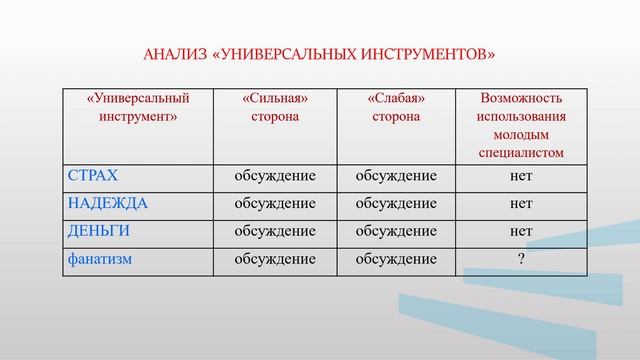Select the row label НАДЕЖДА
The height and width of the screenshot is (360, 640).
pyautogui.click(x=107, y=203)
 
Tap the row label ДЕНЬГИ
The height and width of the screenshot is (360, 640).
pyautogui.click(x=99, y=231)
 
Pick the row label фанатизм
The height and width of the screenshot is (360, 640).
pyautogui.click(x=101, y=259)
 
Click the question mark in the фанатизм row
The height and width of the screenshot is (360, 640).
pyautogui.click(x=520, y=259)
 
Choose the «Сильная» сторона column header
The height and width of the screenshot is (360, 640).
pyautogui.click(x=274, y=107)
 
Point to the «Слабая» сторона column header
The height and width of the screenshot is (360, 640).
pyautogui.click(x=395, y=107)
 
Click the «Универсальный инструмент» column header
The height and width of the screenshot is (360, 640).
pyautogui.click(x=138, y=107)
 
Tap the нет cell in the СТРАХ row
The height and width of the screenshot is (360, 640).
pyautogui.click(x=520, y=176)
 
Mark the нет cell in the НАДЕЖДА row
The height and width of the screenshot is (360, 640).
pyautogui.click(x=520, y=203)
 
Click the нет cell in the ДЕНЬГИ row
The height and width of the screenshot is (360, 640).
pyautogui.click(x=520, y=231)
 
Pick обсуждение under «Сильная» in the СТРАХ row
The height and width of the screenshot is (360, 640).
pyautogui.click(x=274, y=176)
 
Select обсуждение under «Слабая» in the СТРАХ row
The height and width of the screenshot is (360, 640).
pyautogui.click(x=395, y=176)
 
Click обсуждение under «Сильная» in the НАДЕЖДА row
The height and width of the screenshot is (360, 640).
pyautogui.click(x=274, y=203)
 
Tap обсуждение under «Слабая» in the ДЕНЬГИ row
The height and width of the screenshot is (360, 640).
pyautogui.click(x=395, y=231)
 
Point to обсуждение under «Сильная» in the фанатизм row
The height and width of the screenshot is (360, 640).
pyautogui.click(x=274, y=259)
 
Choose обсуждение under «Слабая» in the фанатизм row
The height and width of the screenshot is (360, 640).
pyautogui.click(x=395, y=259)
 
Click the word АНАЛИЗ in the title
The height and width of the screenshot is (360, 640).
pyautogui.click(x=175, y=53)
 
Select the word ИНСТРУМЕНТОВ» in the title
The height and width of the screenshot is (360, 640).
pyautogui.click(x=430, y=53)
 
